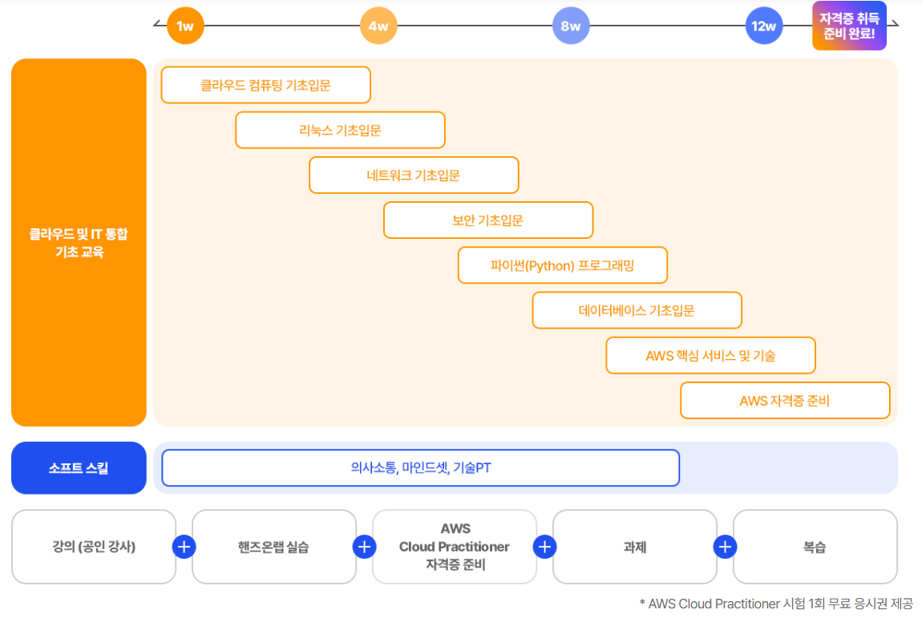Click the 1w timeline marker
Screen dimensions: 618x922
point(185,26)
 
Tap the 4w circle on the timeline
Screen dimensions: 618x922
point(378,26)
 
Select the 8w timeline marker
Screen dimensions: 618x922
point(571,26)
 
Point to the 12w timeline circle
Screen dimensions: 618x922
point(763,26)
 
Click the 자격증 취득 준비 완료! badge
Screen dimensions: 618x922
point(849,26)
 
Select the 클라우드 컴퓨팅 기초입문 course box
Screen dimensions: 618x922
point(265,85)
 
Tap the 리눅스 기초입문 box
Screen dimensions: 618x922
point(340,130)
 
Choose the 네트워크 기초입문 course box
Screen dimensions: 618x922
point(414,175)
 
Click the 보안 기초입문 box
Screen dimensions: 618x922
point(488,220)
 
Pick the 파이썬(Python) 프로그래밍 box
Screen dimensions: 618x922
point(562,265)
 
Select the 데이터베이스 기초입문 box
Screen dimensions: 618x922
point(637,310)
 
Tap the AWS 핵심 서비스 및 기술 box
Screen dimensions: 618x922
point(710,355)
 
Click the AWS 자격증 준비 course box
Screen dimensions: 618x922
point(785,400)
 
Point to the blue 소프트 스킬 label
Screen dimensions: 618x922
point(79,468)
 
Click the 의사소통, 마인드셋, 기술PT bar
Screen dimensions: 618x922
point(420,468)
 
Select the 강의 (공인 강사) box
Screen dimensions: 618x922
point(94,547)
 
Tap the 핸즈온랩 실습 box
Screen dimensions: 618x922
point(274,547)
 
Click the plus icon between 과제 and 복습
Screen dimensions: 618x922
point(725,547)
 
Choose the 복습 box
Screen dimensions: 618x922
point(815,547)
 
